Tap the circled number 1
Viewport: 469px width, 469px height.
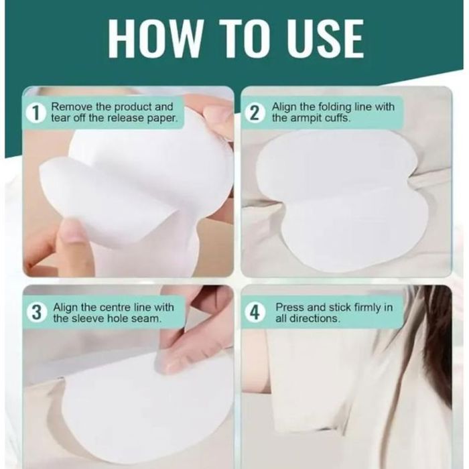(x=36, y=113)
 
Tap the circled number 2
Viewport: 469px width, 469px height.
(x=254, y=113)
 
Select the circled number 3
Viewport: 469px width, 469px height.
(x=36, y=313)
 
